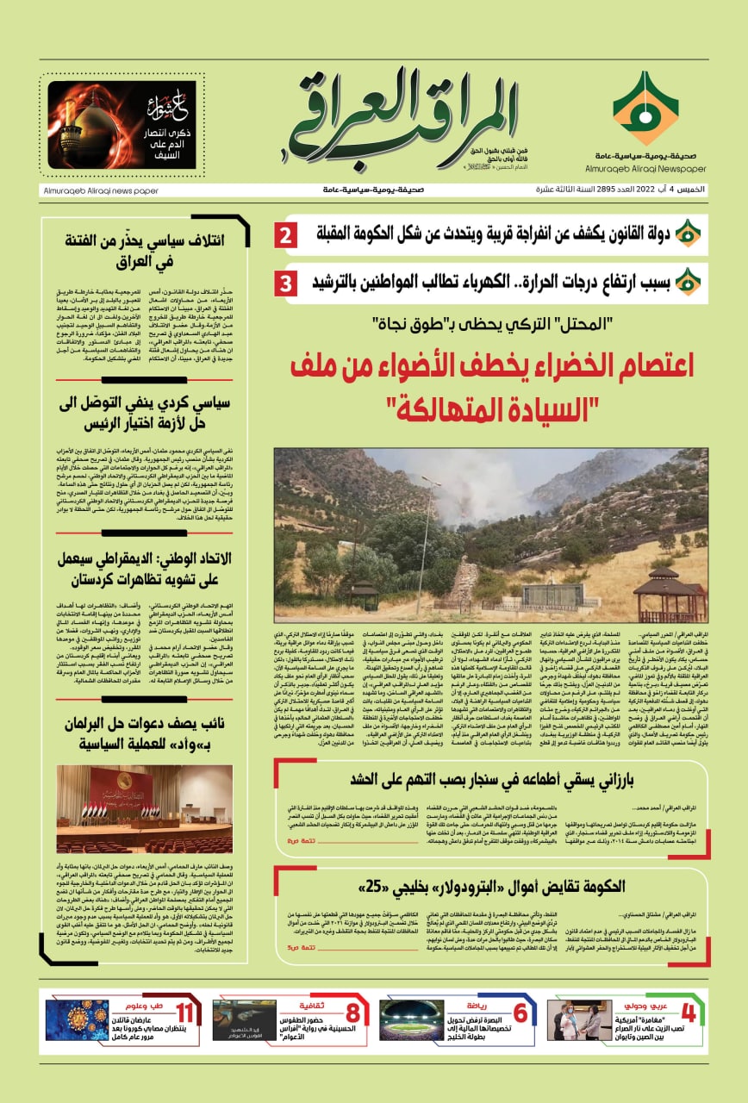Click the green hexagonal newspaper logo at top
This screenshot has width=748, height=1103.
pos(645,109)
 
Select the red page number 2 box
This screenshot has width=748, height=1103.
pos(287,234)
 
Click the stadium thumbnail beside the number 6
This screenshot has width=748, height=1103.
pos(412,1022)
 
